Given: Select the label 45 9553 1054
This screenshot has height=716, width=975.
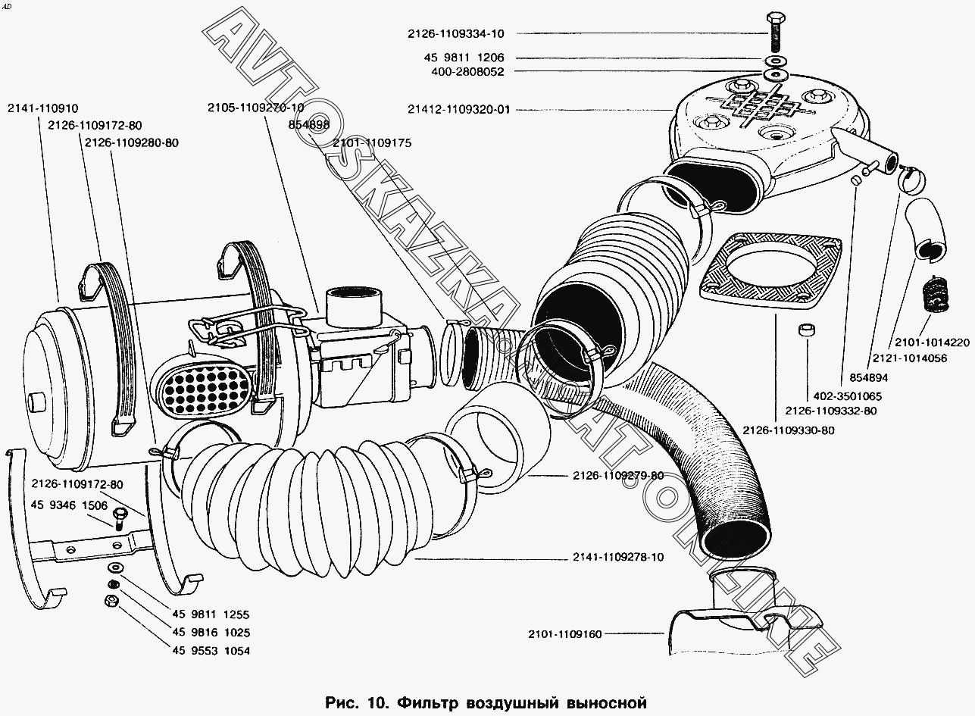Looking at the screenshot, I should pyautogui.click(x=211, y=651).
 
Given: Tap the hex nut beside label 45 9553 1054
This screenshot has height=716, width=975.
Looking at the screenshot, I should pyautogui.click(x=108, y=602).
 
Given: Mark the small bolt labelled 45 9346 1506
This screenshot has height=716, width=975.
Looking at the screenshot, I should pyautogui.click(x=117, y=517).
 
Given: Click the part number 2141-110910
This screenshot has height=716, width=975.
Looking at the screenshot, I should pyautogui.click(x=43, y=109).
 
